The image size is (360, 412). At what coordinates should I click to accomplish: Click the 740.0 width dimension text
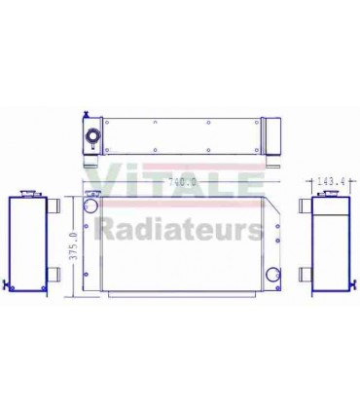(183, 181)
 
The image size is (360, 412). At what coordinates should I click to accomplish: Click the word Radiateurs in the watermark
(179, 230)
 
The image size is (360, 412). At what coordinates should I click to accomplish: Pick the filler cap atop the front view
(92, 195)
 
